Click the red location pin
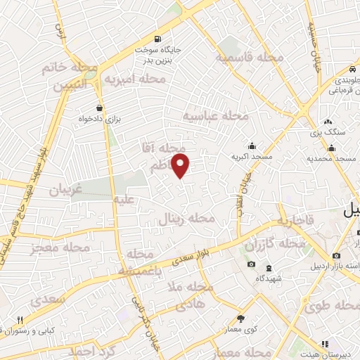[181, 165]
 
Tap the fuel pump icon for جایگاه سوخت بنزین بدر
[155, 39]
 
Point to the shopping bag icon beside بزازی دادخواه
[100, 108]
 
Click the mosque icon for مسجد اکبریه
[251, 145]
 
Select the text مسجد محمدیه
[333, 160]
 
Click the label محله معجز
[60, 248]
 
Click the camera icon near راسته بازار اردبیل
[337, 255]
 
